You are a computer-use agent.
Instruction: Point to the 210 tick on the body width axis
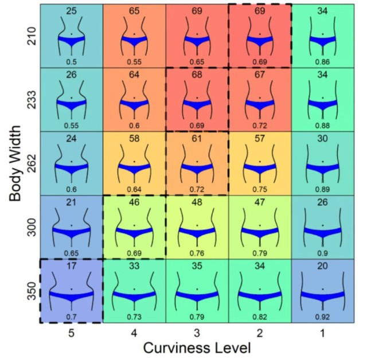pyautogui.click(x=32, y=36)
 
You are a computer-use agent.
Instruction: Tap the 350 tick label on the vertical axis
pyautogui.click(x=32, y=291)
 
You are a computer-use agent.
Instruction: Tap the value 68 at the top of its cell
pyautogui.click(x=197, y=75)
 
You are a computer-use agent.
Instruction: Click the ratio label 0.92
pyautogui.click(x=322, y=316)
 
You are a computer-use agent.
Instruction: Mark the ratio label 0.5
pyautogui.click(x=71, y=61)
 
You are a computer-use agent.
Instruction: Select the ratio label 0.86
pyautogui.click(x=322, y=61)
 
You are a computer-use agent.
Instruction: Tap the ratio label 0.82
pyautogui.click(x=260, y=316)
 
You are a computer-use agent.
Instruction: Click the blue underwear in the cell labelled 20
pyautogui.click(x=322, y=296)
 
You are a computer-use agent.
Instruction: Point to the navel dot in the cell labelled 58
pyautogui.click(x=134, y=162)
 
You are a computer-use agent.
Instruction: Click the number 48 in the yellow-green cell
pyautogui.click(x=197, y=203)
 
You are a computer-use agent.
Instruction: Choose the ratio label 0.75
pyautogui.click(x=260, y=189)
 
